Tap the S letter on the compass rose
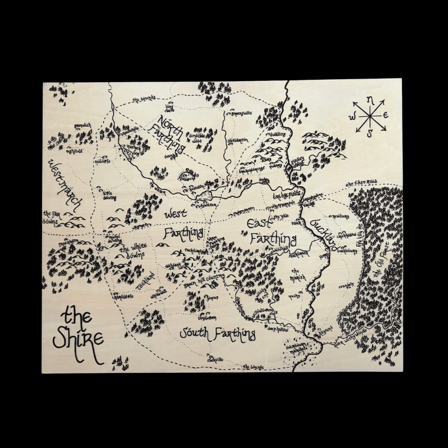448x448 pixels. coord(368,132)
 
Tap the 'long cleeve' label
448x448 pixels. coord(170,107)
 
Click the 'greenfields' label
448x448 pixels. coord(241,113)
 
